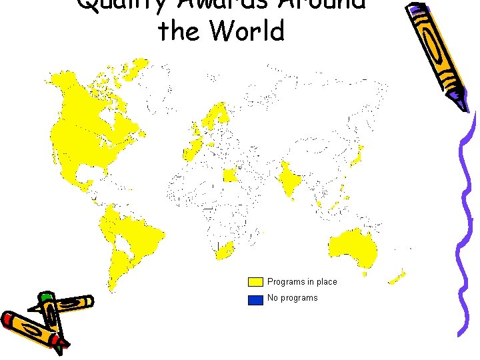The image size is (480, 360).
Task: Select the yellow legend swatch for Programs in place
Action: pyautogui.click(x=255, y=282)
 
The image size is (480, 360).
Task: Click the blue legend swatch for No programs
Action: pyautogui.click(x=255, y=299)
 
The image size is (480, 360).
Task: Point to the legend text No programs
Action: pyautogui.click(x=292, y=298)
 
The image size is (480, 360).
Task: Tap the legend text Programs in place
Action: pyautogui.click(x=302, y=282)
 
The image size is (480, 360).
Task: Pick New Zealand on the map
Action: pyautogui.click(x=397, y=276)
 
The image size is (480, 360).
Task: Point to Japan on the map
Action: pyautogui.click(x=356, y=157)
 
